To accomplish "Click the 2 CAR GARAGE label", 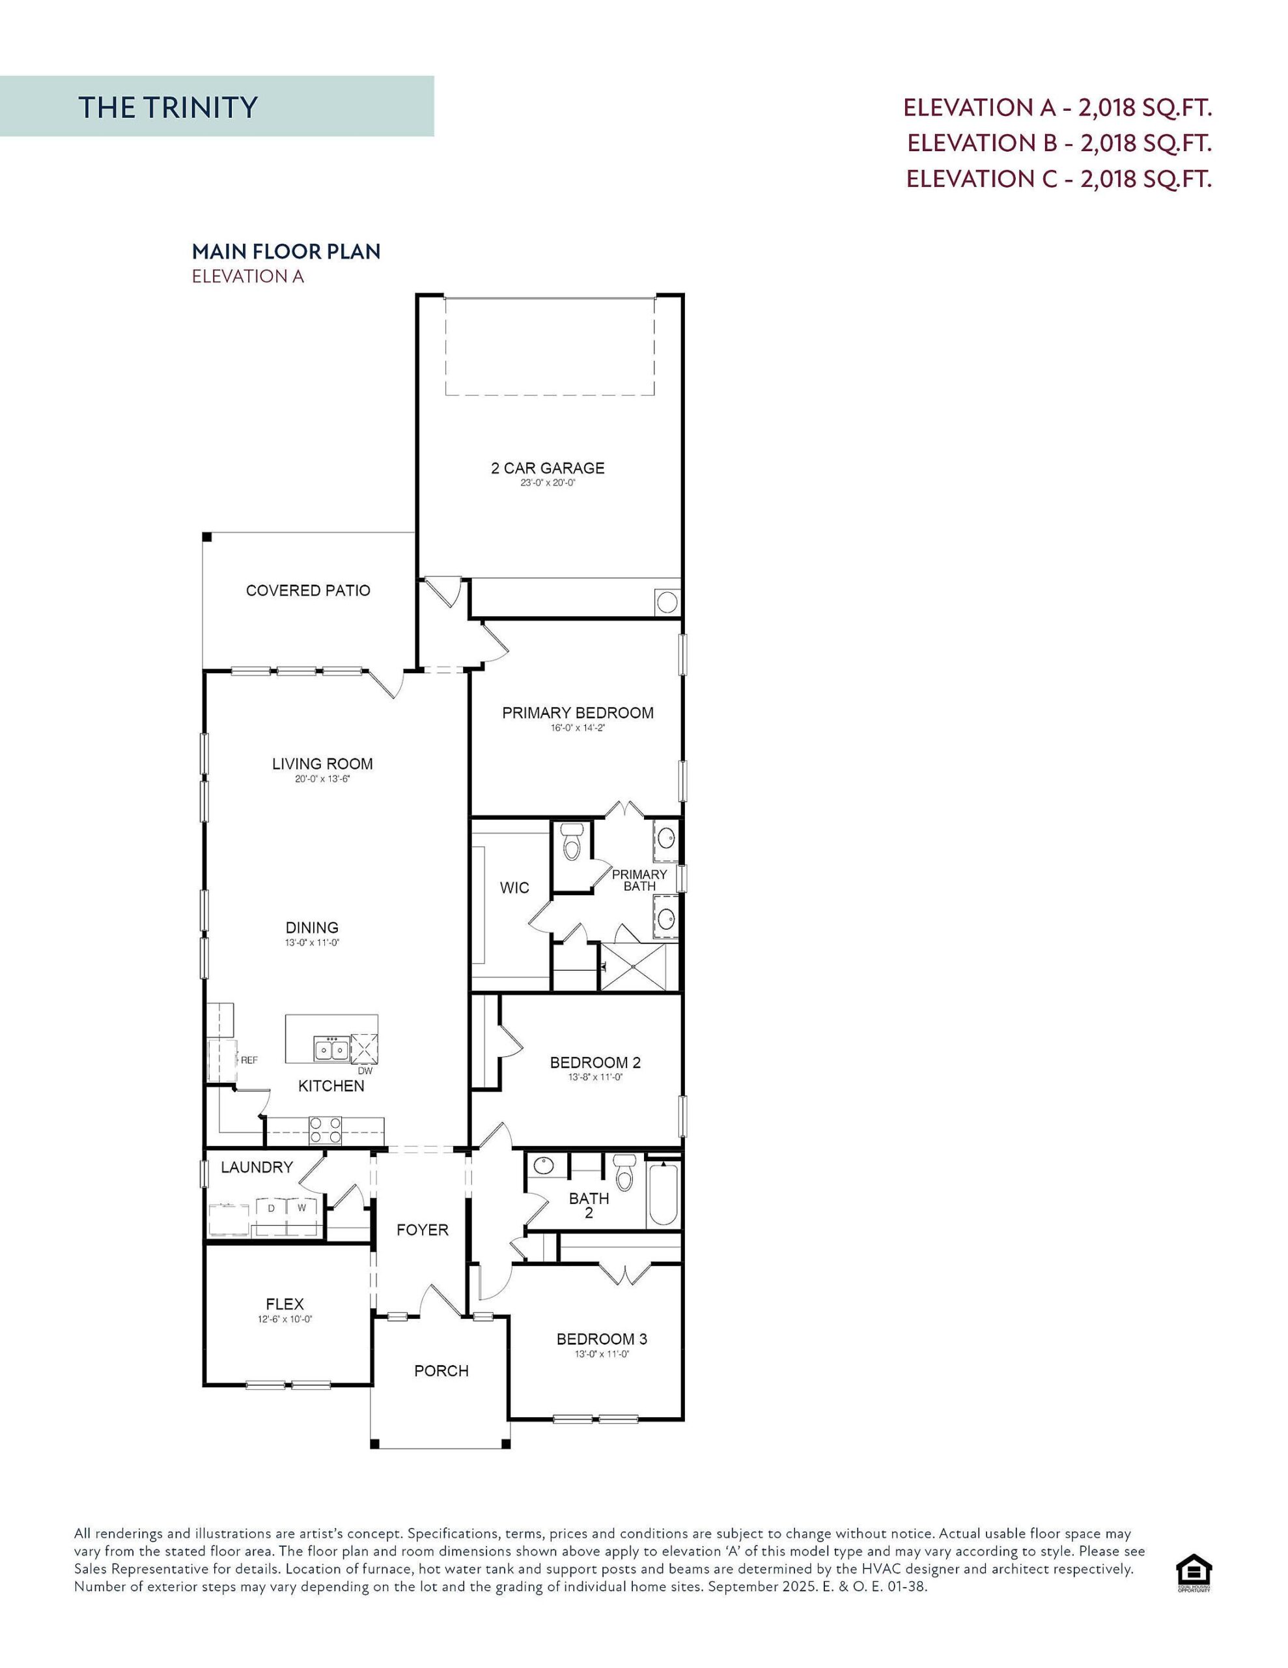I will [548, 468].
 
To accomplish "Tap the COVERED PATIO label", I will [308, 590].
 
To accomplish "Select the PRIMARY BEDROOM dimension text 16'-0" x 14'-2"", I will [577, 728].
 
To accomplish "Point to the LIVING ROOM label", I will [322, 764].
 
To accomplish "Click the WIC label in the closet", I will [514, 887].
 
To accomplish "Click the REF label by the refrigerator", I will [249, 1060].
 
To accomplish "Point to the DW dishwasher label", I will [365, 1071].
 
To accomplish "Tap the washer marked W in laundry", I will [301, 1208].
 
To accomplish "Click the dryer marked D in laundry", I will [270, 1208].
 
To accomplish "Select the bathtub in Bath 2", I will [663, 1194].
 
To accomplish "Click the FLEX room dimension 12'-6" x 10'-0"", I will [285, 1319].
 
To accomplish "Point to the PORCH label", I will [441, 1371].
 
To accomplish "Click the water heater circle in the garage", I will [667, 603].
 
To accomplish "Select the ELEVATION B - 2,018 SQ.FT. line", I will [1059, 143].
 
